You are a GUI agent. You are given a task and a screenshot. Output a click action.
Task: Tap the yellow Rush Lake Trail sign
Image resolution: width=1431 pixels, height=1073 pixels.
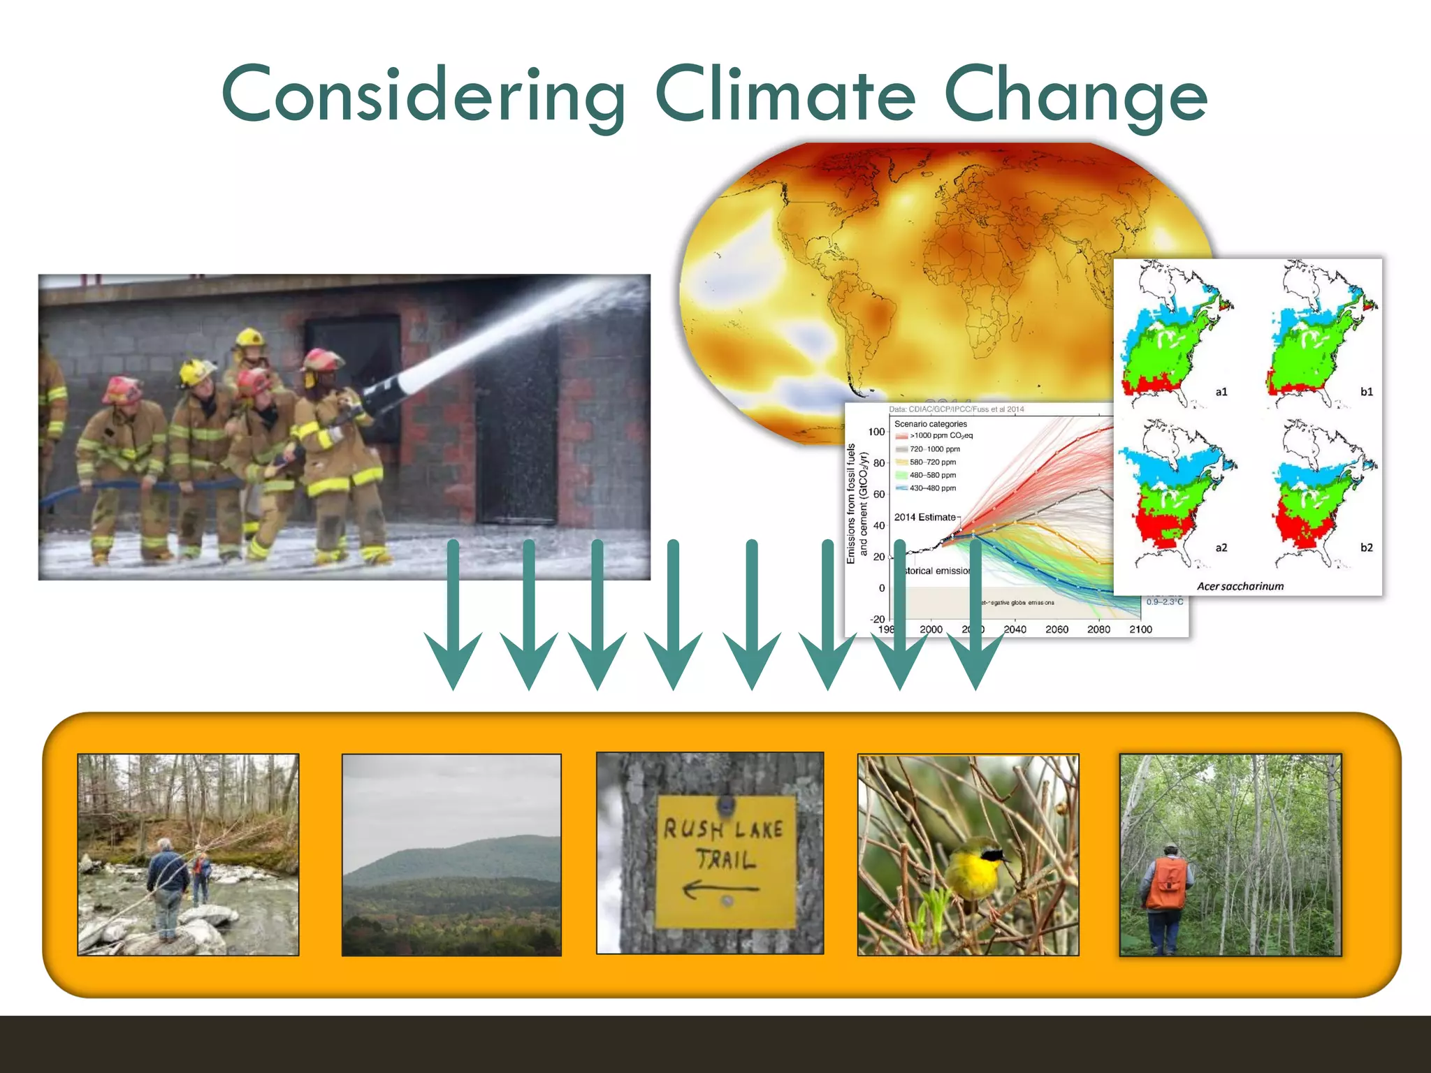click(x=725, y=861)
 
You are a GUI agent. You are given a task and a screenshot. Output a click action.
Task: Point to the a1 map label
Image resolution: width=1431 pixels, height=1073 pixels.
click(x=1221, y=392)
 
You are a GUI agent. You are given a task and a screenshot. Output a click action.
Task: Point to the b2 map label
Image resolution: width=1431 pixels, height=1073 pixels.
click(x=1366, y=548)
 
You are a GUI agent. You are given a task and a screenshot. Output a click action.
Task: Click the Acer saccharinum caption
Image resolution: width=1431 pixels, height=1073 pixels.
click(x=1240, y=586)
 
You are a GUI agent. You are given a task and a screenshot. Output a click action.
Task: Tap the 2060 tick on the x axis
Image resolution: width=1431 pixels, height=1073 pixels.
click(x=1056, y=629)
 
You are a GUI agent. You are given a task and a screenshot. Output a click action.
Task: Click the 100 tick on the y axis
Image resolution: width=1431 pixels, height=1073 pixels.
click(x=876, y=432)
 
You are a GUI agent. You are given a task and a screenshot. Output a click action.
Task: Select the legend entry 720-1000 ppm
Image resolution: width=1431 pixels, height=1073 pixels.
click(x=934, y=449)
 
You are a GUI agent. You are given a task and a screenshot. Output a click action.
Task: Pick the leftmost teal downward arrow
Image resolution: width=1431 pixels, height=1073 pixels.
click(x=453, y=615)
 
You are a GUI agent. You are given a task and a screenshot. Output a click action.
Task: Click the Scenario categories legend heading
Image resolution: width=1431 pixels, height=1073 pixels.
click(x=930, y=424)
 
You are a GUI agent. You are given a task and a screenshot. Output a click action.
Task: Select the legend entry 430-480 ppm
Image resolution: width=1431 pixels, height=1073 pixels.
click(x=932, y=488)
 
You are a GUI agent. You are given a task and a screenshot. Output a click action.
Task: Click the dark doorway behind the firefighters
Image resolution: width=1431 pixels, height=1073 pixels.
click(x=517, y=433)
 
